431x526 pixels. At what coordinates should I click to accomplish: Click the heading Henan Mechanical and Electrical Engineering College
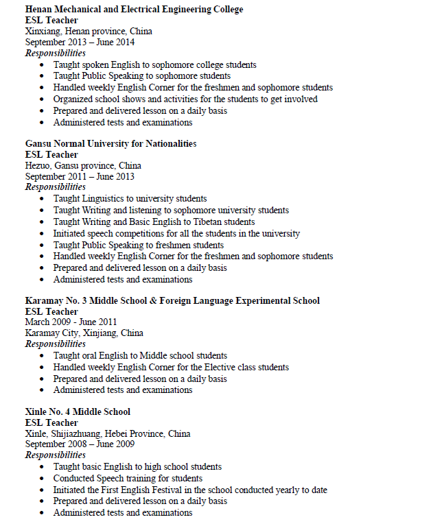[134, 9]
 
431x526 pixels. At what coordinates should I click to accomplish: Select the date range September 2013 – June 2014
[80, 42]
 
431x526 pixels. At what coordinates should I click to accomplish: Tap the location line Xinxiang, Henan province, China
[89, 31]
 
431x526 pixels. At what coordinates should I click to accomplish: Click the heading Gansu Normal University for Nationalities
[110, 143]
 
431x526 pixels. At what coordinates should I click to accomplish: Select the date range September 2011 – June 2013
[80, 176]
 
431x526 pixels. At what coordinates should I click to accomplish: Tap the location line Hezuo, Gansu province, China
[83, 165]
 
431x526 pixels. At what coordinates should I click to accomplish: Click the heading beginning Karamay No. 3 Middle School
[172, 300]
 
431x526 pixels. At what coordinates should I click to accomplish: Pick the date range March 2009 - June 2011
[71, 322]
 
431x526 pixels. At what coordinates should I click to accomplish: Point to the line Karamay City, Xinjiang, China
[84, 333]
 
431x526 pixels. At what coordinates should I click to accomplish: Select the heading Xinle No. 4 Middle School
[78, 411]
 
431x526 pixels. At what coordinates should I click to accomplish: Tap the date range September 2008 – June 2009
[80, 444]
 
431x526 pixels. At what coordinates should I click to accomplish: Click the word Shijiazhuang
[80, 433]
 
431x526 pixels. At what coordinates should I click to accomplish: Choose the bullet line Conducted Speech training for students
[128, 478]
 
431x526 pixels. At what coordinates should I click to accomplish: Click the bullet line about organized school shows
[185, 99]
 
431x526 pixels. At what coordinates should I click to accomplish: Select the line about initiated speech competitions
[176, 233]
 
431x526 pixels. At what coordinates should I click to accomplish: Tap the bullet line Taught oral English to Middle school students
[140, 356]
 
